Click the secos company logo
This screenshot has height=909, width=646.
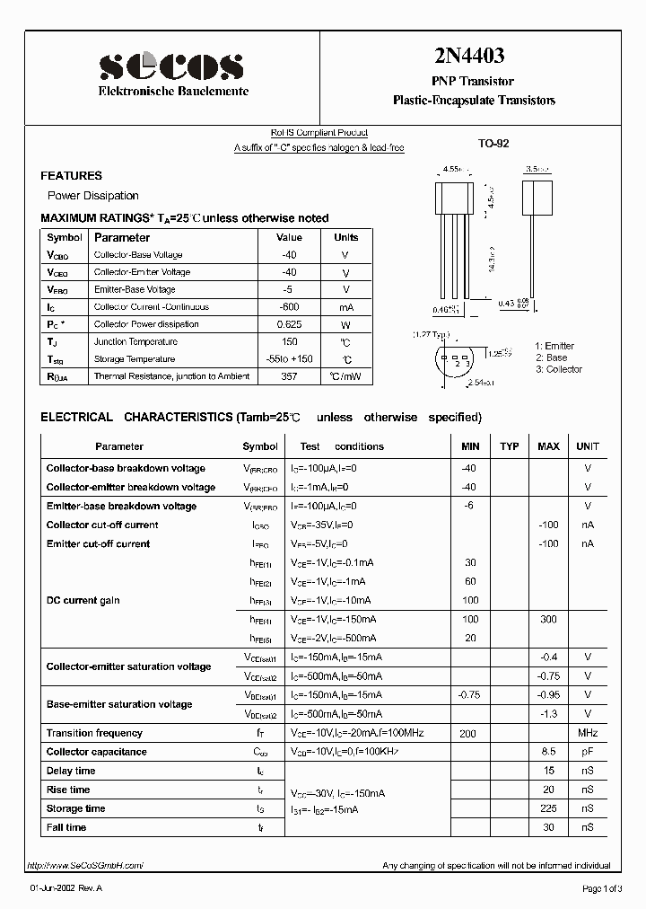170,66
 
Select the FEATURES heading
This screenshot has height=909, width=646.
72,176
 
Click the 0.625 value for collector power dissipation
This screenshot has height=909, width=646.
289,324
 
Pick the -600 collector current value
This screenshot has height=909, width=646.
289,307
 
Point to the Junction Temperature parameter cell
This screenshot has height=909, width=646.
136,341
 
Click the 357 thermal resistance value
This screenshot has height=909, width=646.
289,376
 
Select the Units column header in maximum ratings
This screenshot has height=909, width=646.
345,237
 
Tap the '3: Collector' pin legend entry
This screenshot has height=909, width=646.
559,369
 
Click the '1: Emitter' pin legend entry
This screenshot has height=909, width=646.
554,346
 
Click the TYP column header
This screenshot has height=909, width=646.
509,446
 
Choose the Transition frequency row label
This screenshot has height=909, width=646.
94,733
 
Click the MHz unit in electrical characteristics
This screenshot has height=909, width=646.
588,733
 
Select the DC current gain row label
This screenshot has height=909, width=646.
83,600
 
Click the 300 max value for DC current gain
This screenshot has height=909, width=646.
548,619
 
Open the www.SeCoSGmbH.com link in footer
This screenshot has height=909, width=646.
85,865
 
